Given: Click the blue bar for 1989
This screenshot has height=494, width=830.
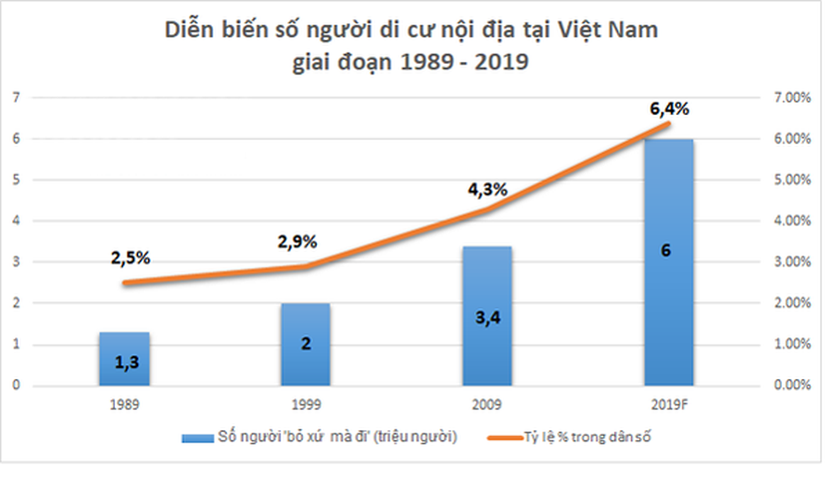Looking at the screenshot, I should [124, 359].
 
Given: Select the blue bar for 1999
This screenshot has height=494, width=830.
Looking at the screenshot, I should [306, 344].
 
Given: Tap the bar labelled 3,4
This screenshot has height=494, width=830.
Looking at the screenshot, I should [486, 316].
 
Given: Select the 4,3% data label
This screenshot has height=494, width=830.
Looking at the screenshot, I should [487, 189].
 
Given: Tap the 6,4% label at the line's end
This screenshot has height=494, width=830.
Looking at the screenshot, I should [669, 109].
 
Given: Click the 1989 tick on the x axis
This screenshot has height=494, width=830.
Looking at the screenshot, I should [124, 405].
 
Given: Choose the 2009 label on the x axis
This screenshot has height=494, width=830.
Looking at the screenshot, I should [487, 405].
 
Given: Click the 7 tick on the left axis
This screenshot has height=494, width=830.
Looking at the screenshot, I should [17, 98].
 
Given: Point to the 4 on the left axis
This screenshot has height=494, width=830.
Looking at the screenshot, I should [17, 221].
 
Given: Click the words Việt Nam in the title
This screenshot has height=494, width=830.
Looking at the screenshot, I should [617, 31].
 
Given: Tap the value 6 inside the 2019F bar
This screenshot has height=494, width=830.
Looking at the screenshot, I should [666, 250].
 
